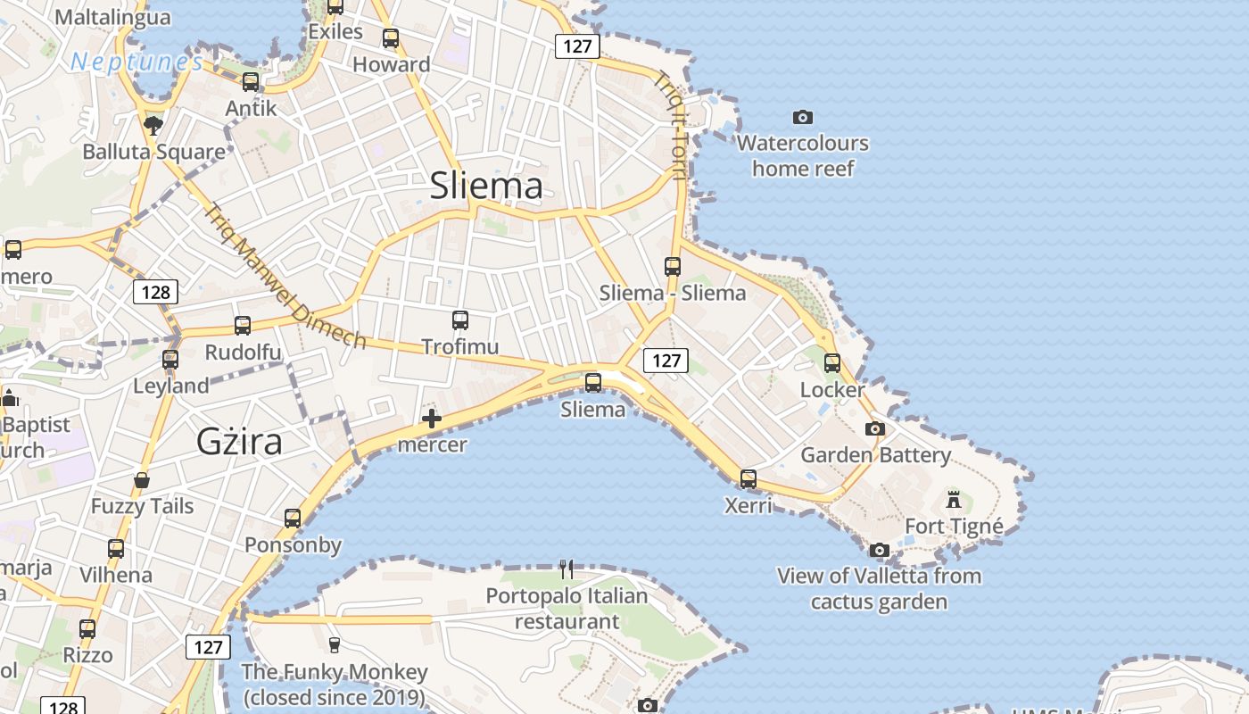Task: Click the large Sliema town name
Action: pyautogui.click(x=486, y=186)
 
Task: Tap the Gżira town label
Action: pyautogui.click(x=239, y=442)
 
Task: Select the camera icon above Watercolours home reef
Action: pyautogui.click(x=803, y=117)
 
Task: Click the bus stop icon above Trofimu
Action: pyautogui.click(x=460, y=320)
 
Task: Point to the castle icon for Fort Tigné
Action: pyautogui.click(x=954, y=499)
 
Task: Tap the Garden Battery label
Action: pyautogui.click(x=876, y=455)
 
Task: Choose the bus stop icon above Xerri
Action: pyautogui.click(x=749, y=479)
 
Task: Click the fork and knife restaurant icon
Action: pyautogui.click(x=567, y=569)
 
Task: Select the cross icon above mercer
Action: pyautogui.click(x=432, y=418)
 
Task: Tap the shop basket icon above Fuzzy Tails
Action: pyautogui.click(x=142, y=481)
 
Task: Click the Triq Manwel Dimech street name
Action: pyautogui.click(x=285, y=277)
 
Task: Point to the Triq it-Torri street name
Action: pyautogui.click(x=670, y=125)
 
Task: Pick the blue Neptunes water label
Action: pyautogui.click(x=136, y=62)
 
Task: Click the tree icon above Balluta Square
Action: pyautogui.click(x=153, y=124)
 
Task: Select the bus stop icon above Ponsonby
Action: pyautogui.click(x=293, y=519)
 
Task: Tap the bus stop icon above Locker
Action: pyautogui.click(x=832, y=363)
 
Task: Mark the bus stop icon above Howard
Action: pyautogui.click(x=391, y=38)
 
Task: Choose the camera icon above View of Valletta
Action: pyautogui.click(x=880, y=550)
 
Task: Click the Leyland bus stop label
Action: pyautogui.click(x=170, y=386)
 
